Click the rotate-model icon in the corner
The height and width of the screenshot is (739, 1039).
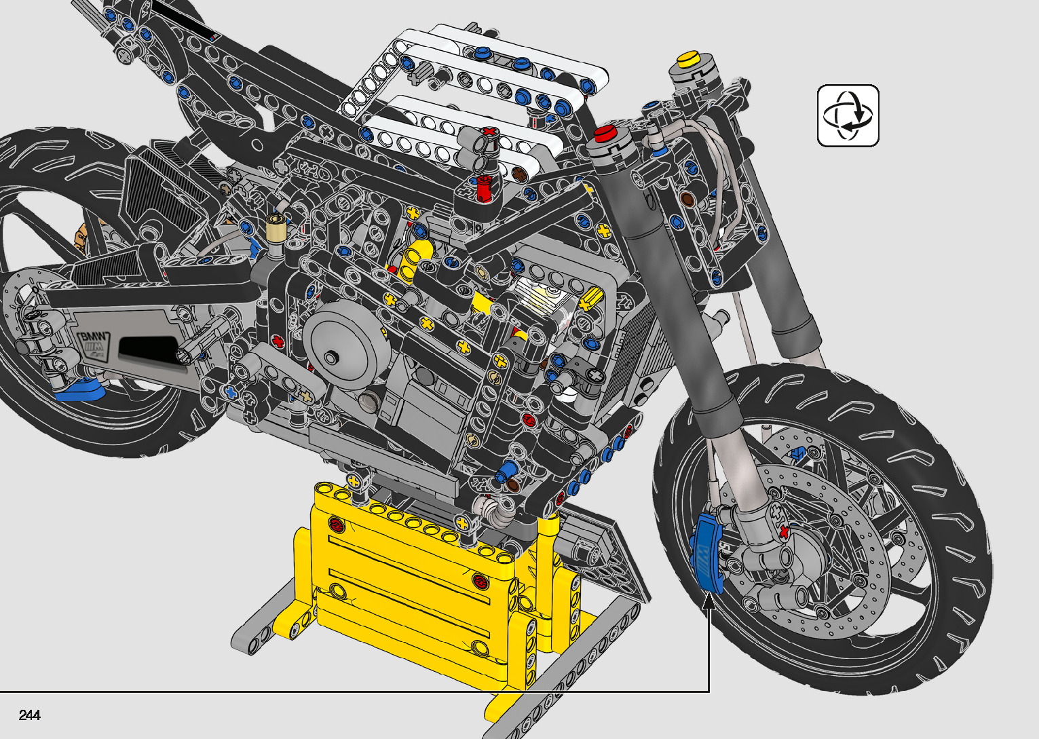pyautogui.click(x=848, y=115)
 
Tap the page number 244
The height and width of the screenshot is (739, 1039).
pyautogui.click(x=30, y=715)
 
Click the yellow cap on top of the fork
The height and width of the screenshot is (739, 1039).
pyautogui.click(x=688, y=59)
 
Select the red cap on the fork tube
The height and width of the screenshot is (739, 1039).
pyautogui.click(x=605, y=134)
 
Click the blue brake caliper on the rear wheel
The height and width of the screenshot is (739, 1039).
pyautogui.click(x=79, y=390)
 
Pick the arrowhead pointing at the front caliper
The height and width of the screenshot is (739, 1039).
pyautogui.click(x=709, y=602)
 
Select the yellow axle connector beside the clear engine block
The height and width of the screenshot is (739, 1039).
pyautogui.click(x=590, y=299)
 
